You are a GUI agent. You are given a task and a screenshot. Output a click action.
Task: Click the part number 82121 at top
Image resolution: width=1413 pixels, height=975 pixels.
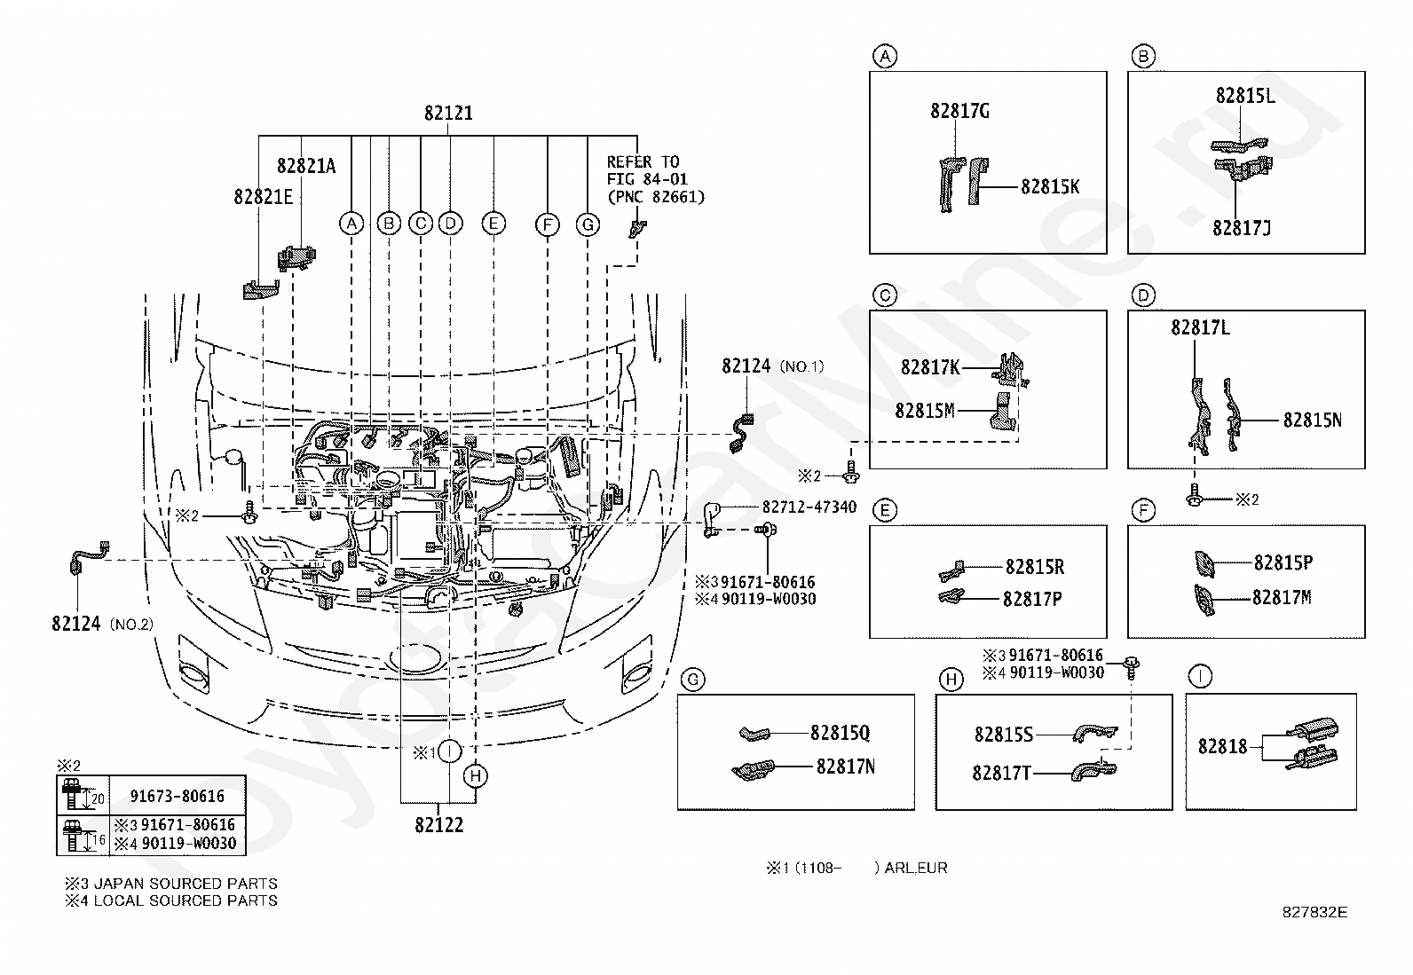tap(448, 113)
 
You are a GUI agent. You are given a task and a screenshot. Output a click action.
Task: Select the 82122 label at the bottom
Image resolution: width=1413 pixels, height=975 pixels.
tap(439, 825)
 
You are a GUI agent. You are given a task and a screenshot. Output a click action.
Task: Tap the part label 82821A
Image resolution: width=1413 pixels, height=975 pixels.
tap(306, 166)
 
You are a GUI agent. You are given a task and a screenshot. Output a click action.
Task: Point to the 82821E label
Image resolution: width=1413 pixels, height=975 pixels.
tap(263, 197)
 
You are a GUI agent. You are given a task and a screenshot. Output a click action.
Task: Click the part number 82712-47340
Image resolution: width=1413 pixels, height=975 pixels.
tap(809, 507)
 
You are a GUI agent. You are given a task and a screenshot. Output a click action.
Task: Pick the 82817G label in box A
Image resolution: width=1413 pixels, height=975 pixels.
tap(959, 111)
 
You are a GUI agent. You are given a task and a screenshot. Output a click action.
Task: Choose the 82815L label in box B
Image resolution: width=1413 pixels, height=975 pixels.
tap(1244, 95)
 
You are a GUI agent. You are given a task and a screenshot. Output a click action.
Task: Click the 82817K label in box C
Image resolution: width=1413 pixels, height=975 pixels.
tap(930, 367)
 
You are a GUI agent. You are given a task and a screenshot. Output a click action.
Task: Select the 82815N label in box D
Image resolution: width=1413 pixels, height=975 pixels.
tap(1312, 420)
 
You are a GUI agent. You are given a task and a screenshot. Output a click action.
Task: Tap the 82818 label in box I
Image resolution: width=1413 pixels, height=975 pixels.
tap(1222, 747)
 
